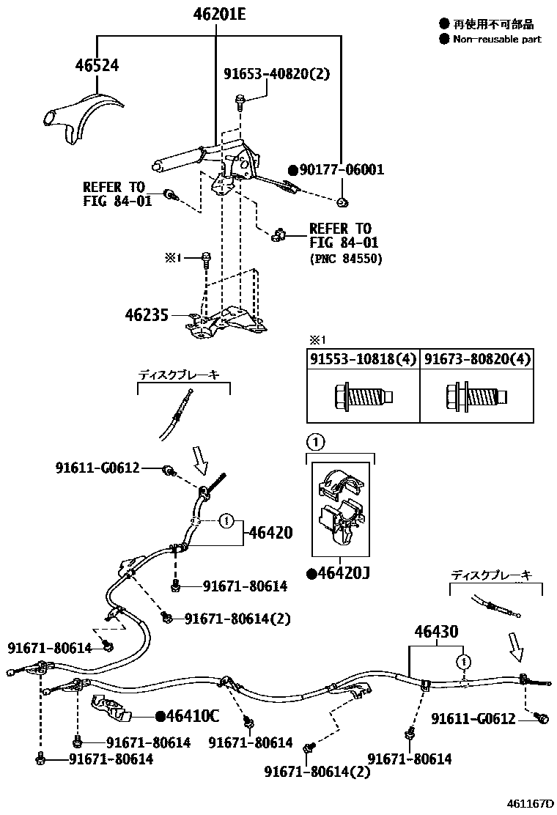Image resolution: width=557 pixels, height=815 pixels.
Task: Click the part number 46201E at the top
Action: coord(219,15)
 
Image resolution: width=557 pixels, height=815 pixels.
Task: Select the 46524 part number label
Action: coord(97,65)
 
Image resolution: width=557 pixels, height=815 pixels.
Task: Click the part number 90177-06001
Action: coord(341,170)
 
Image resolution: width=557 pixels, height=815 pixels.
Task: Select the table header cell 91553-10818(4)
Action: coord(362,359)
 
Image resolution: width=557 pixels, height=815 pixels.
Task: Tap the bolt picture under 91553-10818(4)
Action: coord(362,397)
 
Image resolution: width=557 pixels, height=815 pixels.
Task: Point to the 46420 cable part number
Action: coord(271,533)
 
